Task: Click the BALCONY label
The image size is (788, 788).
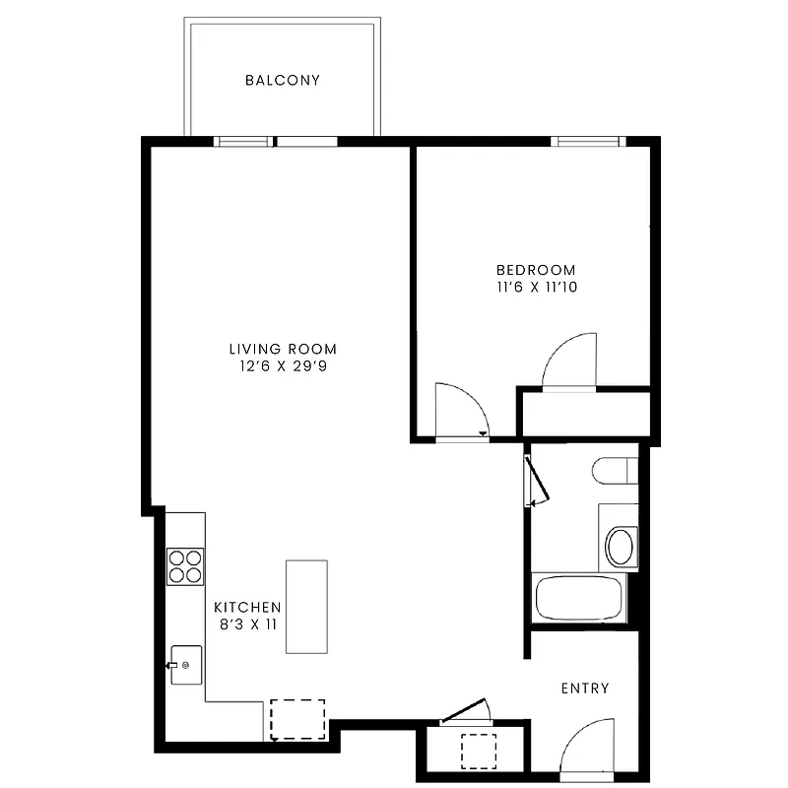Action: [x=283, y=81]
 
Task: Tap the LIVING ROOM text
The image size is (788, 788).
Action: [x=283, y=349]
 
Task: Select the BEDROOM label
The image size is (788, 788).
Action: [x=535, y=270]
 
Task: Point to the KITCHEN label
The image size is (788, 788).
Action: [x=248, y=608]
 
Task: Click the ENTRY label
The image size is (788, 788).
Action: [x=585, y=689]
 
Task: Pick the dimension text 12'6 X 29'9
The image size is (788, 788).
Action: [x=283, y=366]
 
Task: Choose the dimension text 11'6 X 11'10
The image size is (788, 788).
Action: [x=535, y=288]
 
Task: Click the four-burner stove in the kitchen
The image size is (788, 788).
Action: [x=185, y=565]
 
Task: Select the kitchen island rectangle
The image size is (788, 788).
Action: [x=306, y=606]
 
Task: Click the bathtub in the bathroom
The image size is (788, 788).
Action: [x=578, y=598]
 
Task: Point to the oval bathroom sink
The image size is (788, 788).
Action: [x=621, y=547]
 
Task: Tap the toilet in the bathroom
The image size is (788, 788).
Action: [x=616, y=471]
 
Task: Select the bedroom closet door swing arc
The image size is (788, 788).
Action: [x=571, y=361]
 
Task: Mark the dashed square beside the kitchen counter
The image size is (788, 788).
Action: [x=297, y=719]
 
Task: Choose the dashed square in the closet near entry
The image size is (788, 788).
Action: [x=480, y=751]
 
